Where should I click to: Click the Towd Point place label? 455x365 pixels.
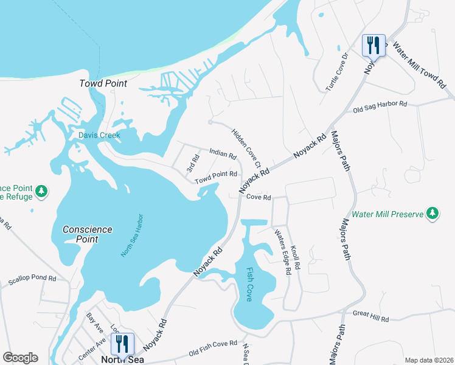pyautogui.click(x=103, y=83)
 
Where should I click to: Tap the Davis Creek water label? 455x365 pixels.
pyautogui.click(x=99, y=135)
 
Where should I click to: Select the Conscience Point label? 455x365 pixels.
pyautogui.click(x=88, y=234)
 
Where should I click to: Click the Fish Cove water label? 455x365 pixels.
pyautogui.click(x=250, y=285)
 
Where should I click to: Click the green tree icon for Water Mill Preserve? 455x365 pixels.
pyautogui.click(x=432, y=213)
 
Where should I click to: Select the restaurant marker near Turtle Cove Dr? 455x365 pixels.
pyautogui.click(x=373, y=46)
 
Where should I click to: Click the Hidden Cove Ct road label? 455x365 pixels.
pyautogui.click(x=246, y=148)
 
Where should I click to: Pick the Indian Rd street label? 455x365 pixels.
pyautogui.click(x=222, y=155)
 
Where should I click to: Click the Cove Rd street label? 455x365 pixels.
pyautogui.click(x=259, y=197)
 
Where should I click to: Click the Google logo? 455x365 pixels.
pyautogui.click(x=21, y=357)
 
